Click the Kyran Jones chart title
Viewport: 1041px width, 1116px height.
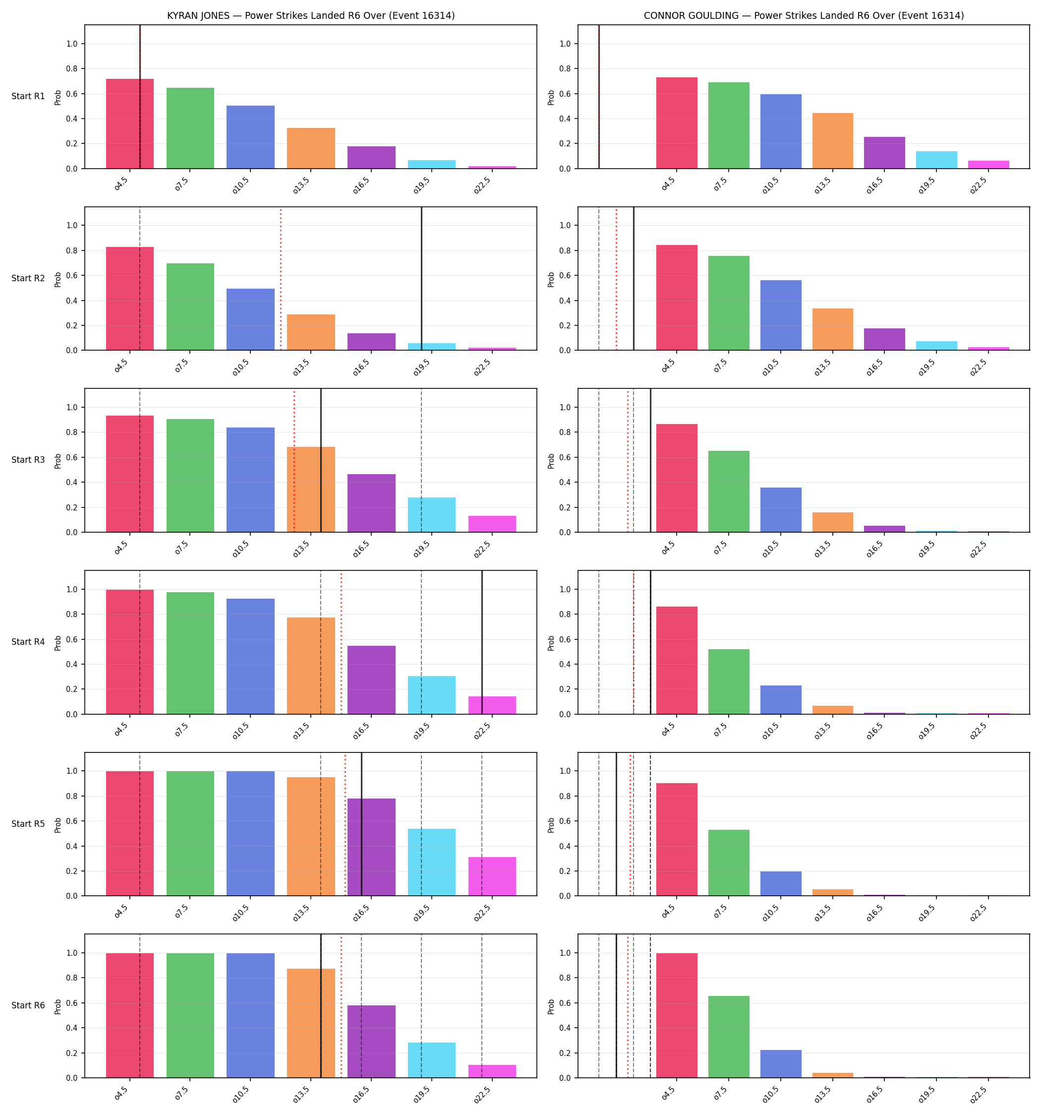311,16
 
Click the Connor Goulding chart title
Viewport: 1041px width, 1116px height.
804,16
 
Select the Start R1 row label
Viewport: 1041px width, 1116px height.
28,96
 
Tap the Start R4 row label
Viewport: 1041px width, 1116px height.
28,642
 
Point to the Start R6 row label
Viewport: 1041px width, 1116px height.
28,1005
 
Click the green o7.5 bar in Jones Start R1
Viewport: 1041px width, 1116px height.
190,128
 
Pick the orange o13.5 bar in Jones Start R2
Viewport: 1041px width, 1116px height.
311,332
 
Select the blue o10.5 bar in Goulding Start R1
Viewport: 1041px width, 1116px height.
781,131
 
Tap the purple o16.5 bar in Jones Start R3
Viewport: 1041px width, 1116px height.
371,503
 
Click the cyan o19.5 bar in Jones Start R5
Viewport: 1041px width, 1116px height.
432,862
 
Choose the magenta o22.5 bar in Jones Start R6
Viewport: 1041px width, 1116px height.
492,1071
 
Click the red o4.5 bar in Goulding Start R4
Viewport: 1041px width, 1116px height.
677,660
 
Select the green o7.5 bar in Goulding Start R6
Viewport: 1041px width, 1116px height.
728,1037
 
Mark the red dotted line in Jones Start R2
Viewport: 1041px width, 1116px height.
281,278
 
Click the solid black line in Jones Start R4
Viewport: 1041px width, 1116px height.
482,642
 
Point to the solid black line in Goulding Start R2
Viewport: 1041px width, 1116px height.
634,278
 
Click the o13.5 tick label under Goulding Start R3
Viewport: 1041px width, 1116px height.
823,550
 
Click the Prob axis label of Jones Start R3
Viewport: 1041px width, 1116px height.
58,461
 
